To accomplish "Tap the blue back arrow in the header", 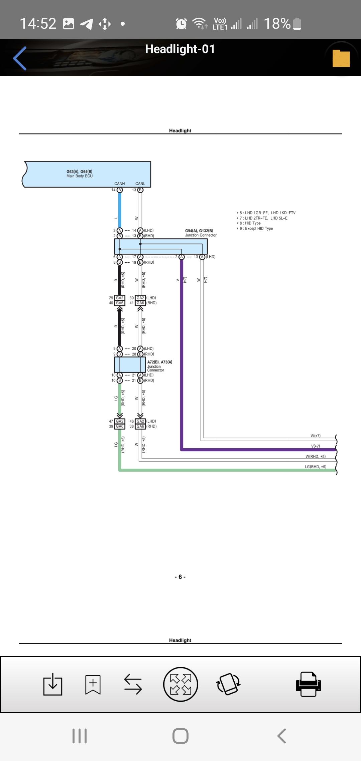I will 20,58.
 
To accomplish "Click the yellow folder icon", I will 341,58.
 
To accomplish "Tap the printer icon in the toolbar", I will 308,684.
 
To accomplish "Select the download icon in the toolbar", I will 53,684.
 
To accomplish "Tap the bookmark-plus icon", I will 93,684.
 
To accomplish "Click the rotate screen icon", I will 229,684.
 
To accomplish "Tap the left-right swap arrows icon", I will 133,684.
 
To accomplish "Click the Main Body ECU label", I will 80,176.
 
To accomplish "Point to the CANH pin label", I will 119,184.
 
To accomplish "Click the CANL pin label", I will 140,184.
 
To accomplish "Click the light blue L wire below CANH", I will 120,210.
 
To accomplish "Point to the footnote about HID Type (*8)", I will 249,223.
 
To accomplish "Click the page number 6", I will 180,577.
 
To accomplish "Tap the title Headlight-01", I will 180,49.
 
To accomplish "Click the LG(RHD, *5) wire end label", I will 315,467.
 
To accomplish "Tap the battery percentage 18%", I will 277,24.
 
